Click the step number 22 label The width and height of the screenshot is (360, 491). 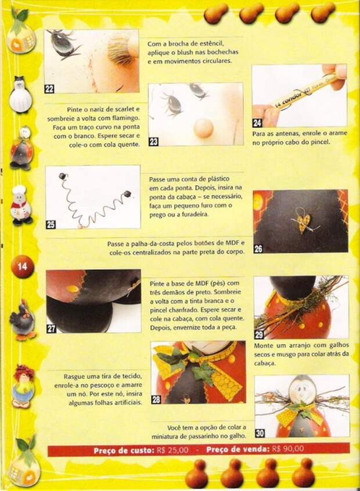49,89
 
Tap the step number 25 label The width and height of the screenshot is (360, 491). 51,225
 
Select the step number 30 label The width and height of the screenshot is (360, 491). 260,433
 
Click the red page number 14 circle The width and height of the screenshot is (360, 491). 22,267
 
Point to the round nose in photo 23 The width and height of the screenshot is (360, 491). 204,128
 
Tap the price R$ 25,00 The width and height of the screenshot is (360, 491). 173,450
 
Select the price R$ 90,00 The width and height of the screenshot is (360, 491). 288,449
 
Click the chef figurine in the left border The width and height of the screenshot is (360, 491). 21,205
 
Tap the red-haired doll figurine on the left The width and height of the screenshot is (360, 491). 23,384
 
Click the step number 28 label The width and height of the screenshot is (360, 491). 156,399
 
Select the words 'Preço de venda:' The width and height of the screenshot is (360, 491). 238,449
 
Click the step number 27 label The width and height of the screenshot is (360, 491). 51,328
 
